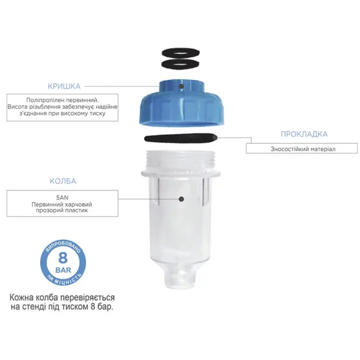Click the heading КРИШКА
(x=64, y=86)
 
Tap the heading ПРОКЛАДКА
(x=304, y=134)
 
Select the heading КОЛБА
(x=63, y=181)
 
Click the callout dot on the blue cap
(x=181, y=86)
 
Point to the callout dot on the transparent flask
(x=181, y=199)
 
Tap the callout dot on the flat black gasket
(x=215, y=138)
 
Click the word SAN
(x=62, y=198)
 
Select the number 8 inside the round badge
(x=63, y=258)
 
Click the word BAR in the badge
(x=63, y=270)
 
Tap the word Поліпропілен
(x=46, y=100)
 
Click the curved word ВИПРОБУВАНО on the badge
(x=63, y=248)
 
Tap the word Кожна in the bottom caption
(x=21, y=297)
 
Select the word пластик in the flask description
(x=76, y=211)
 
